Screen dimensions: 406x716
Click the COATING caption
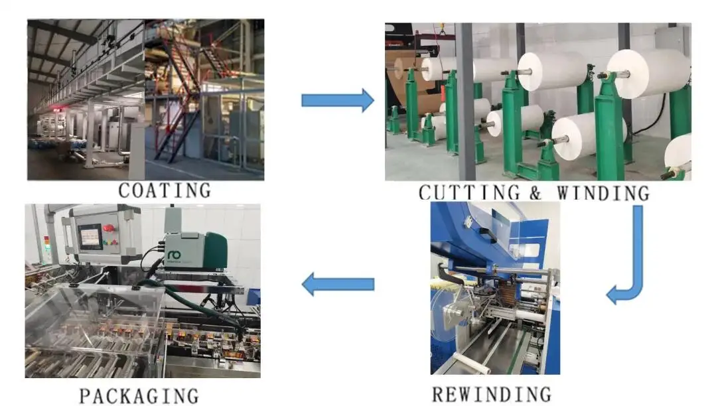click(x=165, y=190)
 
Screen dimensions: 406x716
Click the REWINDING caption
click(x=491, y=393)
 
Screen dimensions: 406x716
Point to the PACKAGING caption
click(x=139, y=396)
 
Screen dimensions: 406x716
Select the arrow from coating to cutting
click(x=337, y=100)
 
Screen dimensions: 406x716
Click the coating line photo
click(x=145, y=100)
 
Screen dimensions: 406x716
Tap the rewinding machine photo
click(x=494, y=289)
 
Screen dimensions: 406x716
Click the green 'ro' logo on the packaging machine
click(x=175, y=255)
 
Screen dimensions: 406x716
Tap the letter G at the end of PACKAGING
click(x=190, y=396)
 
